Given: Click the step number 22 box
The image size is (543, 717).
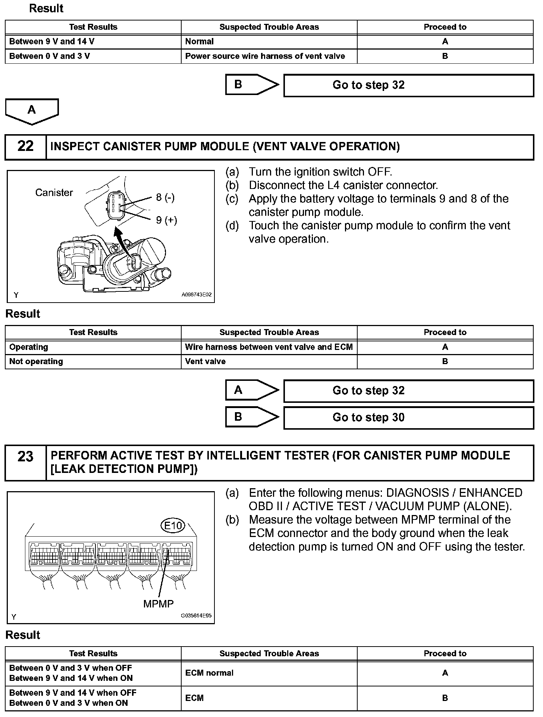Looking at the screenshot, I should [25, 146].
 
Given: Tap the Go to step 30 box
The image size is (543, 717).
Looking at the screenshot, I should [408, 417].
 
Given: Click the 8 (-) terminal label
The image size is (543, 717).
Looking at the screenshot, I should [165, 197].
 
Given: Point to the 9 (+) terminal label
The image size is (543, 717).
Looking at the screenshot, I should [166, 220].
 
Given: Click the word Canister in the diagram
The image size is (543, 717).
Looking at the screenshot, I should [54, 193].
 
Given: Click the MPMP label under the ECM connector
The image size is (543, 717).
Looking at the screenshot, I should [158, 604].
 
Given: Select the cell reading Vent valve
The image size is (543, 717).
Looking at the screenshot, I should [205, 361].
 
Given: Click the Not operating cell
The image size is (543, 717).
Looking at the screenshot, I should [36, 361].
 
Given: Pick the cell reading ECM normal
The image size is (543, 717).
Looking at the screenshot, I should [209, 673].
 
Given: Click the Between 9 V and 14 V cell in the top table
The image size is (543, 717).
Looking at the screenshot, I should [52, 42].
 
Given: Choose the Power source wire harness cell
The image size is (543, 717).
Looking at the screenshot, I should [265, 56].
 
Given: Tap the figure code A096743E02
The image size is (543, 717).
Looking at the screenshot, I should [197, 295].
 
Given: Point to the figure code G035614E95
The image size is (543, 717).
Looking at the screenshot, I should [196, 616].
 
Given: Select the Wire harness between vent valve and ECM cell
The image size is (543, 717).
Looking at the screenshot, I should [269, 347].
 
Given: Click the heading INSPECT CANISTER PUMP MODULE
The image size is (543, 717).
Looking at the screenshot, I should [225, 146].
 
